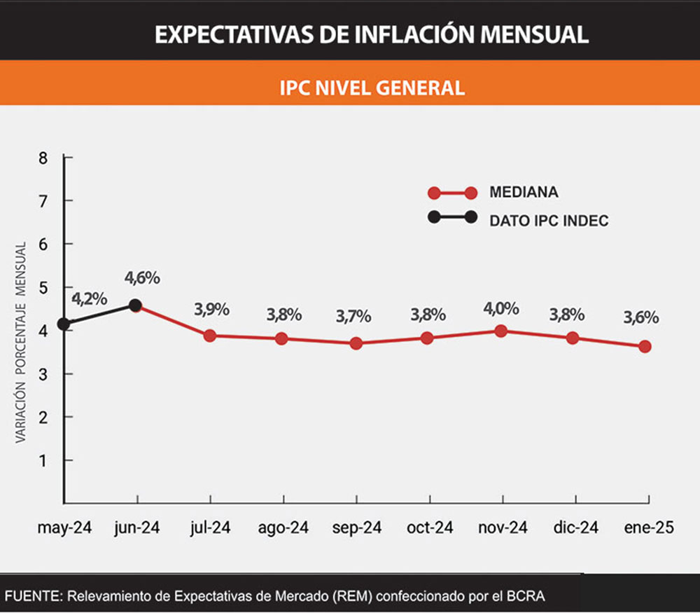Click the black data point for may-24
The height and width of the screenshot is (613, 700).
[64, 324]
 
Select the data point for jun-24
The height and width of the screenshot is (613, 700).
[136, 305]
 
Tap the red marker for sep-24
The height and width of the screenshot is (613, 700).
[356, 343]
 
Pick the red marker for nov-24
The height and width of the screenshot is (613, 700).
[500, 331]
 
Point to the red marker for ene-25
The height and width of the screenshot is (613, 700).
[645, 346]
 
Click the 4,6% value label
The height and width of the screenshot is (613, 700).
[142, 277]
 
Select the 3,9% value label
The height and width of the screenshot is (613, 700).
[211, 308]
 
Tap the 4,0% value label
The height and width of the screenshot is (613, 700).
[500, 308]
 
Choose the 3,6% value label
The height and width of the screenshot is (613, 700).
[641, 317]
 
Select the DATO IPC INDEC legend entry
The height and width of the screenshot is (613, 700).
[549, 220]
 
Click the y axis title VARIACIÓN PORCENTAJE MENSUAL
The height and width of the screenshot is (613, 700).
[21, 342]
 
